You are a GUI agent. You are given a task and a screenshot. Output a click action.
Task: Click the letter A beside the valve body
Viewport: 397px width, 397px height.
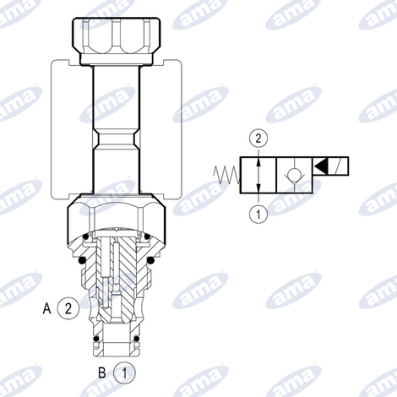click(46, 308)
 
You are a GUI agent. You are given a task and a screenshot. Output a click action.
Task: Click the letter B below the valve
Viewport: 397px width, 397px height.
click(102, 373)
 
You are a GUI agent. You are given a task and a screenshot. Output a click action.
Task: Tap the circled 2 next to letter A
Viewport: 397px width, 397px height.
click(68, 308)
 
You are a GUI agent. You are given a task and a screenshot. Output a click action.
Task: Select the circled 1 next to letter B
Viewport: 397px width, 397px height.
click(124, 373)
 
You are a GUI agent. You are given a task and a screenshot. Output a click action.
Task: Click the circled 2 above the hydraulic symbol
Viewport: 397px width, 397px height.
click(258, 139)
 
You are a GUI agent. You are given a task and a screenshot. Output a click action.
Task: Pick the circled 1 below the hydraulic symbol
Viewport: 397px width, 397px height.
click(258, 214)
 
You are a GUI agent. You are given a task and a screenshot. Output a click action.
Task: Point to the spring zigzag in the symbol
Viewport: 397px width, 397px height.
click(226, 175)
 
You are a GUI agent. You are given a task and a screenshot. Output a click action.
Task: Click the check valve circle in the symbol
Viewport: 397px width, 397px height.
click(294, 171)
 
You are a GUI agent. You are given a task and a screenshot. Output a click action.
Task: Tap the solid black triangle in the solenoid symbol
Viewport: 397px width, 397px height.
click(320, 166)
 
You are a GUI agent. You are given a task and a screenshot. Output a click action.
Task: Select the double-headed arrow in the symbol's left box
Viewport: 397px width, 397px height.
click(258, 175)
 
